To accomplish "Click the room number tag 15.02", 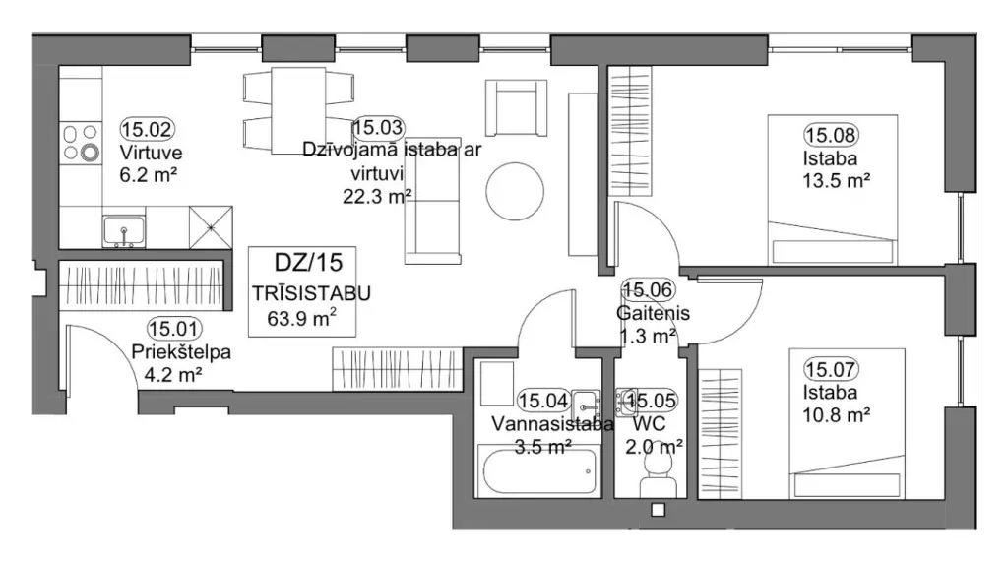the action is (x=148, y=129).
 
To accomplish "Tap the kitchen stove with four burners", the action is (x=81, y=143).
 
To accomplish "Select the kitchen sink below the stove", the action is (x=123, y=231).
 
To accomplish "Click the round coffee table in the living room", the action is (x=515, y=191).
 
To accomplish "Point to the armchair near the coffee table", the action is (x=516, y=107).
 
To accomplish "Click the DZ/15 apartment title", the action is (x=308, y=263).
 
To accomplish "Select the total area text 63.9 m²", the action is (x=302, y=317).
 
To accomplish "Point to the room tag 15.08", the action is (x=831, y=135).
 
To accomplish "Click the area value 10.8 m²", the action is (x=837, y=414).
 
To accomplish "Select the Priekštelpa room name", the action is (x=181, y=352).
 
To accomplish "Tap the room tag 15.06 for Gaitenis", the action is (x=648, y=290).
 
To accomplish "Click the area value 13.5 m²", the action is (x=837, y=181).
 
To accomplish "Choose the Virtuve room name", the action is (x=151, y=153).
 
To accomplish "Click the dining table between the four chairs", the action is (x=298, y=110).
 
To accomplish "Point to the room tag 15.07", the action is (x=831, y=370).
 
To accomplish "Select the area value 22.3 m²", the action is (x=377, y=195).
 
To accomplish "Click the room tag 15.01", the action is (x=175, y=329).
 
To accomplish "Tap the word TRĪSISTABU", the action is (x=311, y=294).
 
